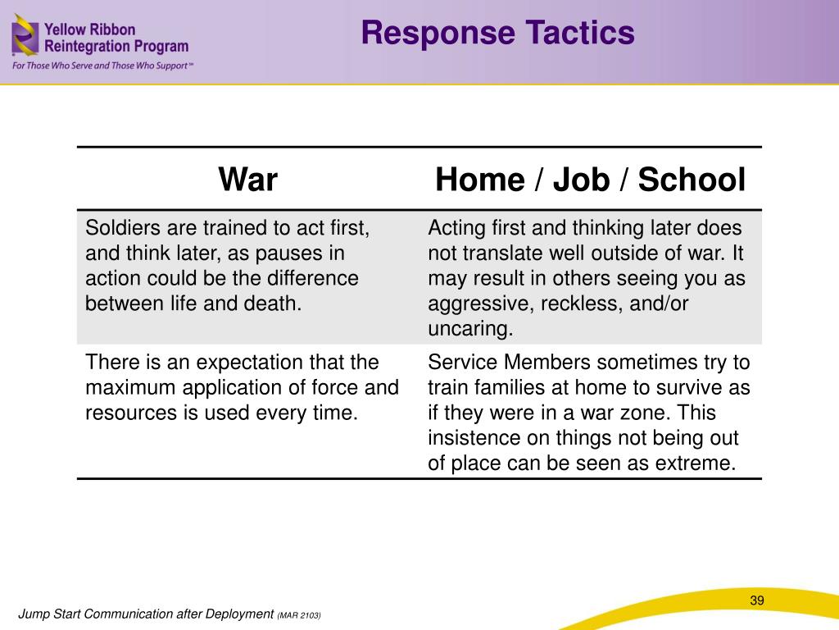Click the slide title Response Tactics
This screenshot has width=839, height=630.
[498, 34]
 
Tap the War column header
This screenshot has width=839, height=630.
[247, 180]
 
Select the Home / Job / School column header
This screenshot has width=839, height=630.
[590, 180]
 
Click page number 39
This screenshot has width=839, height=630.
[756, 601]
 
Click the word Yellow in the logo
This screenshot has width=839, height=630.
[66, 29]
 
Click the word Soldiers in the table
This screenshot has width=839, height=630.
[115, 228]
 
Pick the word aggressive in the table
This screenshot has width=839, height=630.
[476, 304]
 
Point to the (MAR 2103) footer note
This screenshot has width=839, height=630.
[299, 615]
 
